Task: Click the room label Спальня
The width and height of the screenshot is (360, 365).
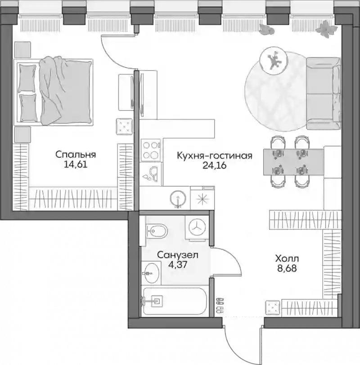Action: (x=76, y=155)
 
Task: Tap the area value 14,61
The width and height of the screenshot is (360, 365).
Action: (x=76, y=165)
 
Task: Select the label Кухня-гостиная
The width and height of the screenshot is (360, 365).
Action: (x=215, y=156)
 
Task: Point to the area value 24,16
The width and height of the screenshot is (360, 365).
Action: (x=215, y=165)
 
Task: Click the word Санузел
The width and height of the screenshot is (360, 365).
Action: (x=178, y=255)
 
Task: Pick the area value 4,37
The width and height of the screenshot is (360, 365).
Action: (x=178, y=265)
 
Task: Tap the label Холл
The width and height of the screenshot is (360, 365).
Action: (x=287, y=258)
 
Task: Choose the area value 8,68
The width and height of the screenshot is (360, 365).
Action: (x=287, y=268)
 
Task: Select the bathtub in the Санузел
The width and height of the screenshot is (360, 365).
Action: (x=175, y=301)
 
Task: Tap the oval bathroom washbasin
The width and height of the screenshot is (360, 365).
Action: (x=151, y=273)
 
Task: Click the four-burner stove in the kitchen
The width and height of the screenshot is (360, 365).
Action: (x=151, y=151)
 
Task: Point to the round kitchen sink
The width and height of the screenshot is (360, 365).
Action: (x=178, y=198)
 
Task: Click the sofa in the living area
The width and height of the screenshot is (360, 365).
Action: (x=323, y=93)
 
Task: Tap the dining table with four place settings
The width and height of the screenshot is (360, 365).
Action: (x=293, y=162)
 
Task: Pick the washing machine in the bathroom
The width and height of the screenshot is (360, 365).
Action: (x=197, y=227)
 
